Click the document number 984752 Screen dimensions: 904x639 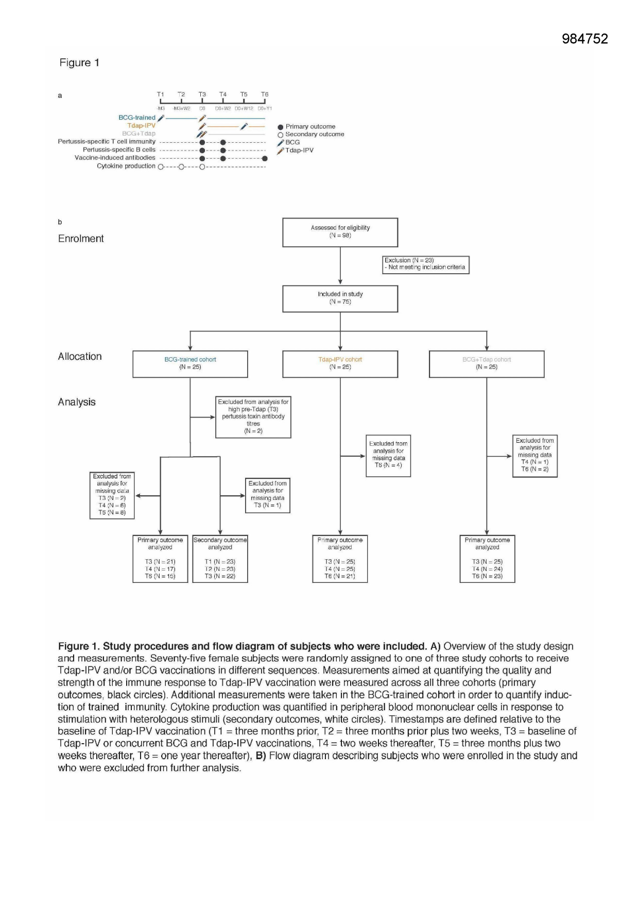point(584,39)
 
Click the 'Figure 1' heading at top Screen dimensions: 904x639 point(79,63)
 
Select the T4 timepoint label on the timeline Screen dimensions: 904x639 point(222,94)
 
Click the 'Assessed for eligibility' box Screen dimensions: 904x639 point(340,232)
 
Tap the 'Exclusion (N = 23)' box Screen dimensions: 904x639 point(425,264)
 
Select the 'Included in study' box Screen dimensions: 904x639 point(340,298)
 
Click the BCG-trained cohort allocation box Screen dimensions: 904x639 point(190,364)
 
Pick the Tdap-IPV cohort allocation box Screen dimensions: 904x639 point(340,364)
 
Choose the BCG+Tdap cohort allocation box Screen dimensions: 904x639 point(486,364)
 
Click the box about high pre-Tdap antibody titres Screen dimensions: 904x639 point(253,416)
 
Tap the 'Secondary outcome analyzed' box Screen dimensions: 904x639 point(220,559)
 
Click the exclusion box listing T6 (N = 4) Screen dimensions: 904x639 point(388,456)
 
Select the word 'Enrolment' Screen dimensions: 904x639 point(81,239)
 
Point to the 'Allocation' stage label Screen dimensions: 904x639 point(80,357)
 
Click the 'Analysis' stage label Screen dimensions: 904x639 point(77,402)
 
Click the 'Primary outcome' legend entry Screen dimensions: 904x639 point(310,126)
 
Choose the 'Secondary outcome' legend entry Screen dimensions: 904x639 point(314,134)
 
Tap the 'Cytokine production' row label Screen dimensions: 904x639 point(126,166)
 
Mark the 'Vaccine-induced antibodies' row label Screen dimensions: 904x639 point(115,158)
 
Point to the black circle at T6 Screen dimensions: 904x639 point(265,159)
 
